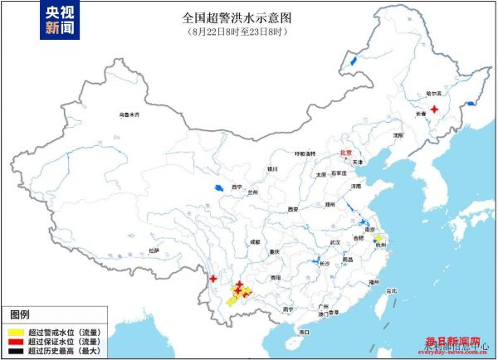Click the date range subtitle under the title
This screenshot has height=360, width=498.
(248, 32)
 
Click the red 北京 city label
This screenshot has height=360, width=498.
(346, 153)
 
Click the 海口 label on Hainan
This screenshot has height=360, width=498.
(304, 332)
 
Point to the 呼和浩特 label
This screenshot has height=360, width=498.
(305, 154)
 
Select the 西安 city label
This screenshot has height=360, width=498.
(291, 209)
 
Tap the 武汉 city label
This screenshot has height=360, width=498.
(335, 241)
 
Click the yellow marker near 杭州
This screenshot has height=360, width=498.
(377, 239)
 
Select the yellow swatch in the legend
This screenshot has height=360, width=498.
(16, 331)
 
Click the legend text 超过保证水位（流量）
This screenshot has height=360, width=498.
(64, 341)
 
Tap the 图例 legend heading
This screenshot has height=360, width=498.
(20, 315)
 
